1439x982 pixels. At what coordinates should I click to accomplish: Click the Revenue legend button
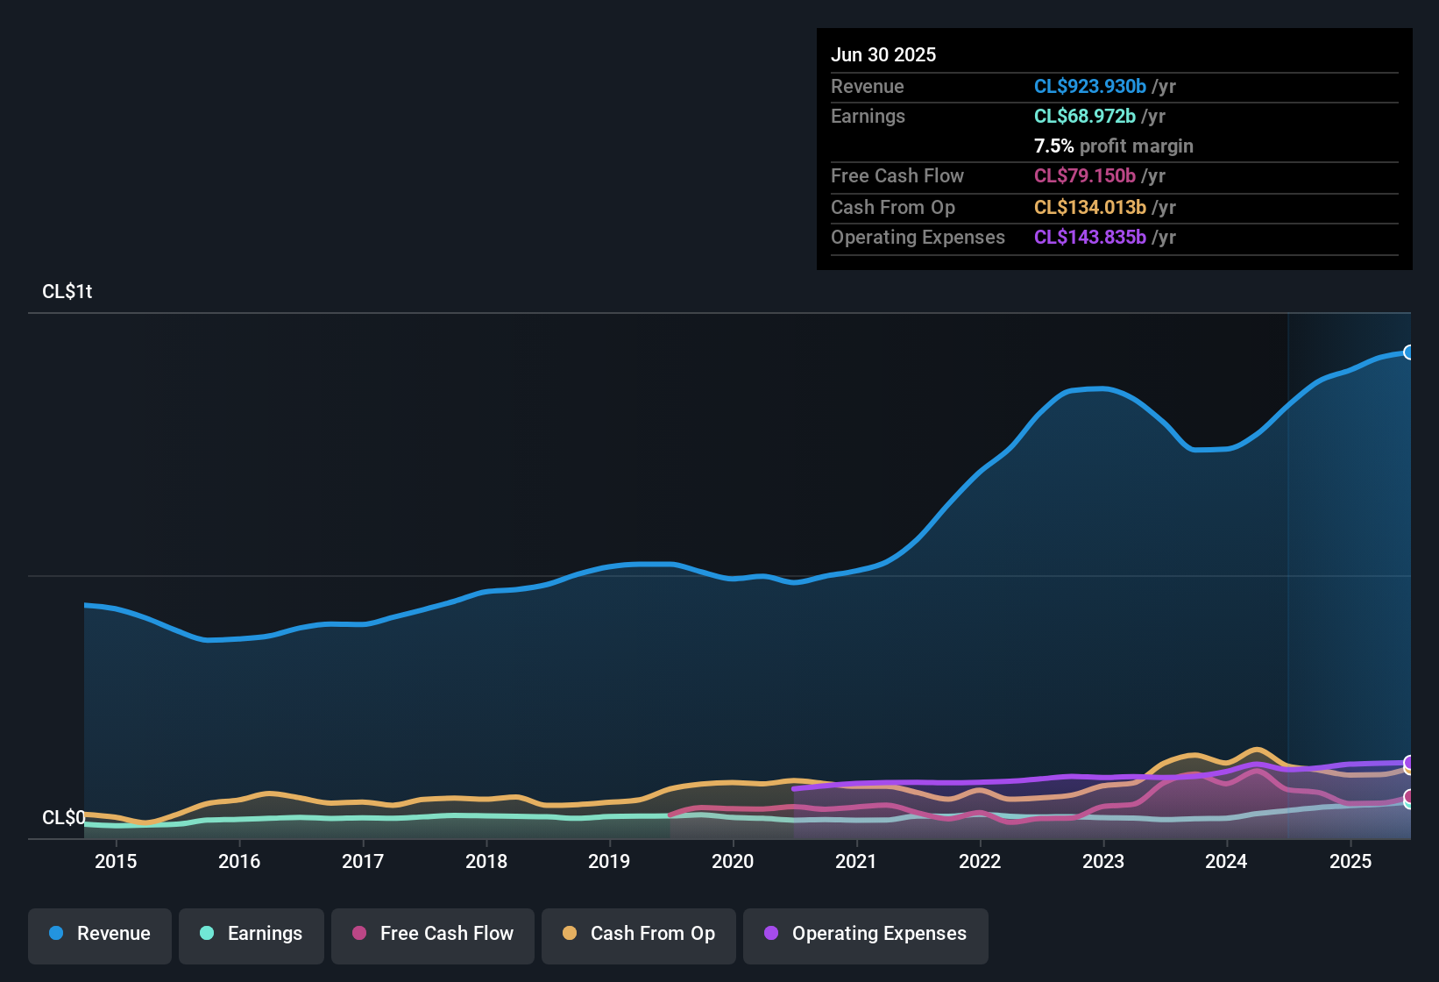click(100, 934)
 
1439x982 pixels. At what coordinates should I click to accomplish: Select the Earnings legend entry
click(252, 934)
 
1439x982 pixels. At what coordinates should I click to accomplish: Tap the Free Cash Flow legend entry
click(433, 934)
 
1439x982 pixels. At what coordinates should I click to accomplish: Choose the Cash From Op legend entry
click(639, 934)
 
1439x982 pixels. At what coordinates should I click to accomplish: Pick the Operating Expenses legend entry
click(866, 934)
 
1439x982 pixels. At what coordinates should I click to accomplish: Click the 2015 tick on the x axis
click(116, 862)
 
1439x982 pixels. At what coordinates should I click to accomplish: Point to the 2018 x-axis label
click(486, 862)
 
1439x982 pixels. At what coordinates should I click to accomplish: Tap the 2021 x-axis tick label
click(856, 862)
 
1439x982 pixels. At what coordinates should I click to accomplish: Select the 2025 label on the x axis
click(1350, 862)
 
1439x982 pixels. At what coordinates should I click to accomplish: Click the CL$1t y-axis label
click(67, 292)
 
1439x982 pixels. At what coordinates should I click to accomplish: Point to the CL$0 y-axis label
click(63, 818)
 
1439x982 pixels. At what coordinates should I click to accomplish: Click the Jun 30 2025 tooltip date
click(883, 55)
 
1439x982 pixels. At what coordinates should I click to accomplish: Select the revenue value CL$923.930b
click(1089, 87)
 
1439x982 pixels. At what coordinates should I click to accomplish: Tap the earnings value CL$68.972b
click(1084, 117)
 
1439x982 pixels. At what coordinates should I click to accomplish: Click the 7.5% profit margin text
click(1113, 146)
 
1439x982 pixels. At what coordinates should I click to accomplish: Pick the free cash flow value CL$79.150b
click(1084, 176)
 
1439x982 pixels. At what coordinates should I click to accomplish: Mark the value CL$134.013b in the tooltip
click(1089, 208)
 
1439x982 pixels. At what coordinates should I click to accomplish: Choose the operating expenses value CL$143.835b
click(1089, 238)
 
